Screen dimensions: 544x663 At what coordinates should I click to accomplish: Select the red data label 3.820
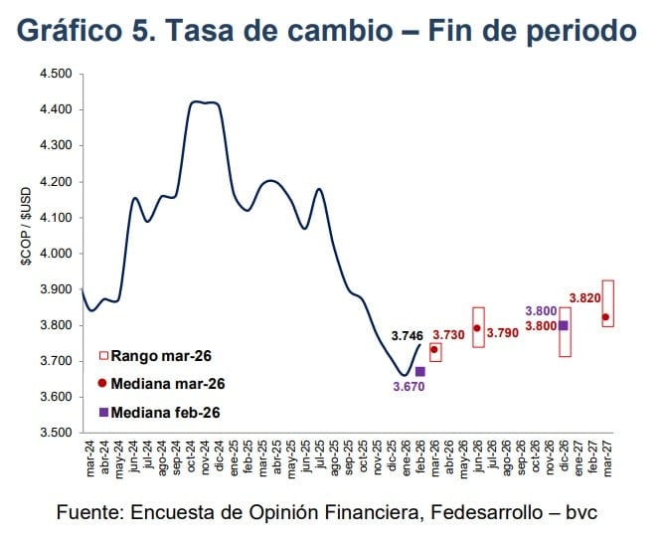coord(584,297)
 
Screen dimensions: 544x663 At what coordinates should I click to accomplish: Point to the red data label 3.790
coord(504,332)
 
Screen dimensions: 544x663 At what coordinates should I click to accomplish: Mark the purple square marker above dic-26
coord(564,325)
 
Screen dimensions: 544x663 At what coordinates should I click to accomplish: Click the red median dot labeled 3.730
coord(434,350)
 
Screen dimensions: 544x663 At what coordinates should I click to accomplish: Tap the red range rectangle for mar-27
coord(607,303)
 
